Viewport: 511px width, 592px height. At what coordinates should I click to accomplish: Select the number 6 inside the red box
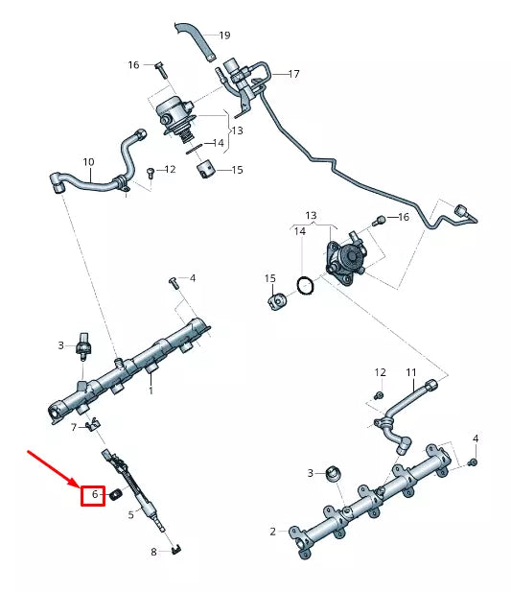click(x=93, y=495)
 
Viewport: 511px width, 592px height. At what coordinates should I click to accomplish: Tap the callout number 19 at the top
click(x=224, y=36)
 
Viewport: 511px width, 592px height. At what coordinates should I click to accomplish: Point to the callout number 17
click(x=293, y=74)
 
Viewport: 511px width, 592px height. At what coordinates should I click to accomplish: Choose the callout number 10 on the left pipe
click(x=88, y=162)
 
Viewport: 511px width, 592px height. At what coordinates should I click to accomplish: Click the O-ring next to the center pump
click(x=304, y=286)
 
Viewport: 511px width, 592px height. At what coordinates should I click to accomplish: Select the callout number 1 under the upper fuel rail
click(x=151, y=391)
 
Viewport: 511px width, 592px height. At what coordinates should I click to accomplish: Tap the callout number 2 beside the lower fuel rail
click(x=272, y=532)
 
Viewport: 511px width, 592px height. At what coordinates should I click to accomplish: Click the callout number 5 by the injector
click(x=131, y=514)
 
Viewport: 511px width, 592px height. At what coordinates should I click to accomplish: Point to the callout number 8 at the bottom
click(x=152, y=552)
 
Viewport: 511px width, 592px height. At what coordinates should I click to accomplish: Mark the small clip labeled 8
click(x=177, y=549)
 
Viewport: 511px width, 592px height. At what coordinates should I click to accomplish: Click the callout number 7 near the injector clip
click(x=73, y=426)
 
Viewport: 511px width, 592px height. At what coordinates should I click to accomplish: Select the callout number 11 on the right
click(x=410, y=372)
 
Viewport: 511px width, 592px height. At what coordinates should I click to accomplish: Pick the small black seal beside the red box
click(x=112, y=495)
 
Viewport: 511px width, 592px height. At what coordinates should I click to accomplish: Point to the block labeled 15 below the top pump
click(x=206, y=171)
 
